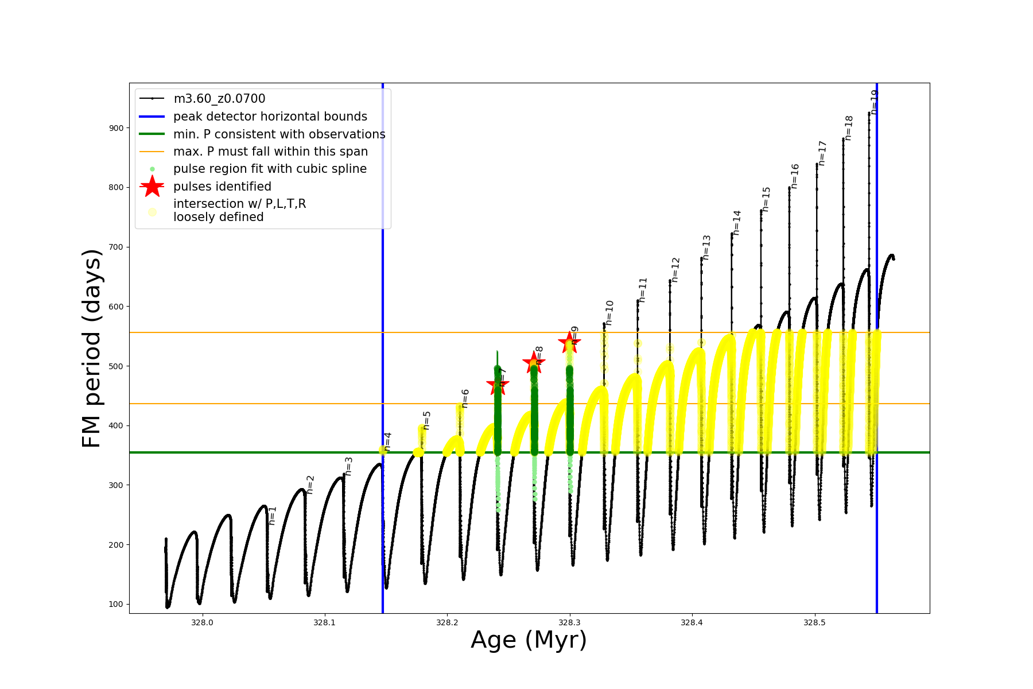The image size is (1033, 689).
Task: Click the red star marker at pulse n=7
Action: [x=498, y=385]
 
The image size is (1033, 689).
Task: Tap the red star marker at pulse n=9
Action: [x=569, y=343]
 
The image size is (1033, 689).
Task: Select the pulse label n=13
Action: [x=706, y=247]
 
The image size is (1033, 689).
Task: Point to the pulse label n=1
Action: [x=273, y=515]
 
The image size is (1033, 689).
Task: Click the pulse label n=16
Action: [x=795, y=176]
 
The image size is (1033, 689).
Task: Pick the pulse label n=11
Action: [x=643, y=290]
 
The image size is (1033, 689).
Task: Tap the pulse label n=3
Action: [x=348, y=466]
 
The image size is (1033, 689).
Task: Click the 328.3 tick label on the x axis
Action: [x=569, y=622]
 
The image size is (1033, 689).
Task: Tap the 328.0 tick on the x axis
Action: [x=202, y=622]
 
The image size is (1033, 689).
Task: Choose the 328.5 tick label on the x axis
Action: [x=814, y=622]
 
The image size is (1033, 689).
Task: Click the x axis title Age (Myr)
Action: [x=529, y=640]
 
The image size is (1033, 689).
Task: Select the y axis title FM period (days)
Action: [x=92, y=348]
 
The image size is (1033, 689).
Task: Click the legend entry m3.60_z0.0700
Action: [x=219, y=99]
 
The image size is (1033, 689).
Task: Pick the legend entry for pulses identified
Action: [x=222, y=187]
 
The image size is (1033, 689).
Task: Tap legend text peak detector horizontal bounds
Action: [x=270, y=117]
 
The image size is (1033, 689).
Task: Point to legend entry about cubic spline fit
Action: [x=270, y=169]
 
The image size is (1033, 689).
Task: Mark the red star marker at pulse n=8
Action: [x=534, y=362]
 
